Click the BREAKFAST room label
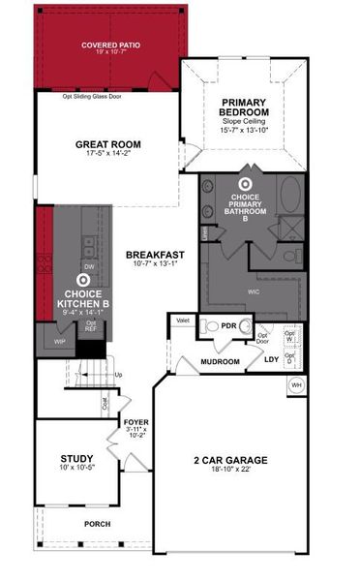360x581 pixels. [x=152, y=256]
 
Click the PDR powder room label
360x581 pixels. [x=228, y=326]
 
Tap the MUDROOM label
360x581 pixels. [x=220, y=361]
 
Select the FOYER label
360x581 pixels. [x=135, y=423]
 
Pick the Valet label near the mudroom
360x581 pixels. [x=180, y=318]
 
